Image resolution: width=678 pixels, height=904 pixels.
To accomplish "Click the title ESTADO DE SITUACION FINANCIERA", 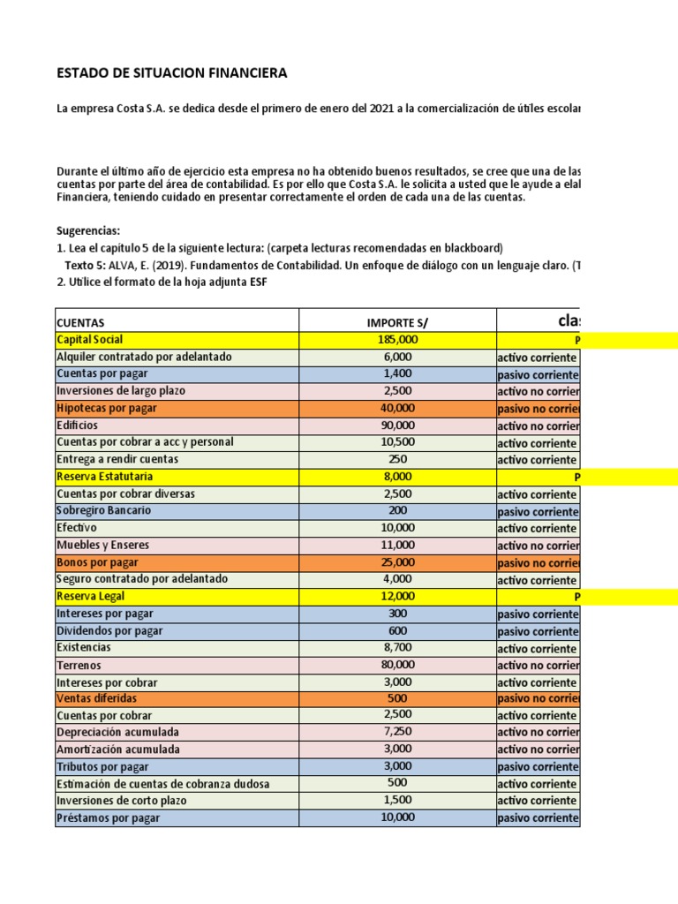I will coord(171,72).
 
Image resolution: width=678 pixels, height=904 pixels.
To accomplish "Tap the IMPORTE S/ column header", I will coord(398,323).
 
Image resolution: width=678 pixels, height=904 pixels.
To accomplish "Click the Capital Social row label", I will coord(89,340).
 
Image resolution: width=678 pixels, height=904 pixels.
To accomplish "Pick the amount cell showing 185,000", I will coord(398,340).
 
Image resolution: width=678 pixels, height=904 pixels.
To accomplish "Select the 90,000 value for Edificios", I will coord(398,426).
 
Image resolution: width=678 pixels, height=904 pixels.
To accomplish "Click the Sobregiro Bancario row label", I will coord(103,511).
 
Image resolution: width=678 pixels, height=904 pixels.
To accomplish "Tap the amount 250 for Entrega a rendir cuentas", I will coord(398,459).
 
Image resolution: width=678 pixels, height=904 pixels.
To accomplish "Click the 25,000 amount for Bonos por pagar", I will coord(398,562).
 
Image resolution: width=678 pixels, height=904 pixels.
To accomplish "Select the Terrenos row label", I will coord(79,665).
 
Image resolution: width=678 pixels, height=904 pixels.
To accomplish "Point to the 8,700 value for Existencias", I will coord(398,648).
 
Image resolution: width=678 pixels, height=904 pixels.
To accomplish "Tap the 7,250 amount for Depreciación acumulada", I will coord(398,733).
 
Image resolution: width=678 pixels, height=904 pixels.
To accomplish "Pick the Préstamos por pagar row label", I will coord(108,818).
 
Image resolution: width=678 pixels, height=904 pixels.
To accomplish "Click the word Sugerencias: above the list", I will coord(88,231).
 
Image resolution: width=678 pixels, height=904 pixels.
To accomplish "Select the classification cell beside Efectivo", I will coord(537,528).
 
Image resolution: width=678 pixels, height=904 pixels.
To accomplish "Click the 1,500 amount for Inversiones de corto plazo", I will coord(398,801).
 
